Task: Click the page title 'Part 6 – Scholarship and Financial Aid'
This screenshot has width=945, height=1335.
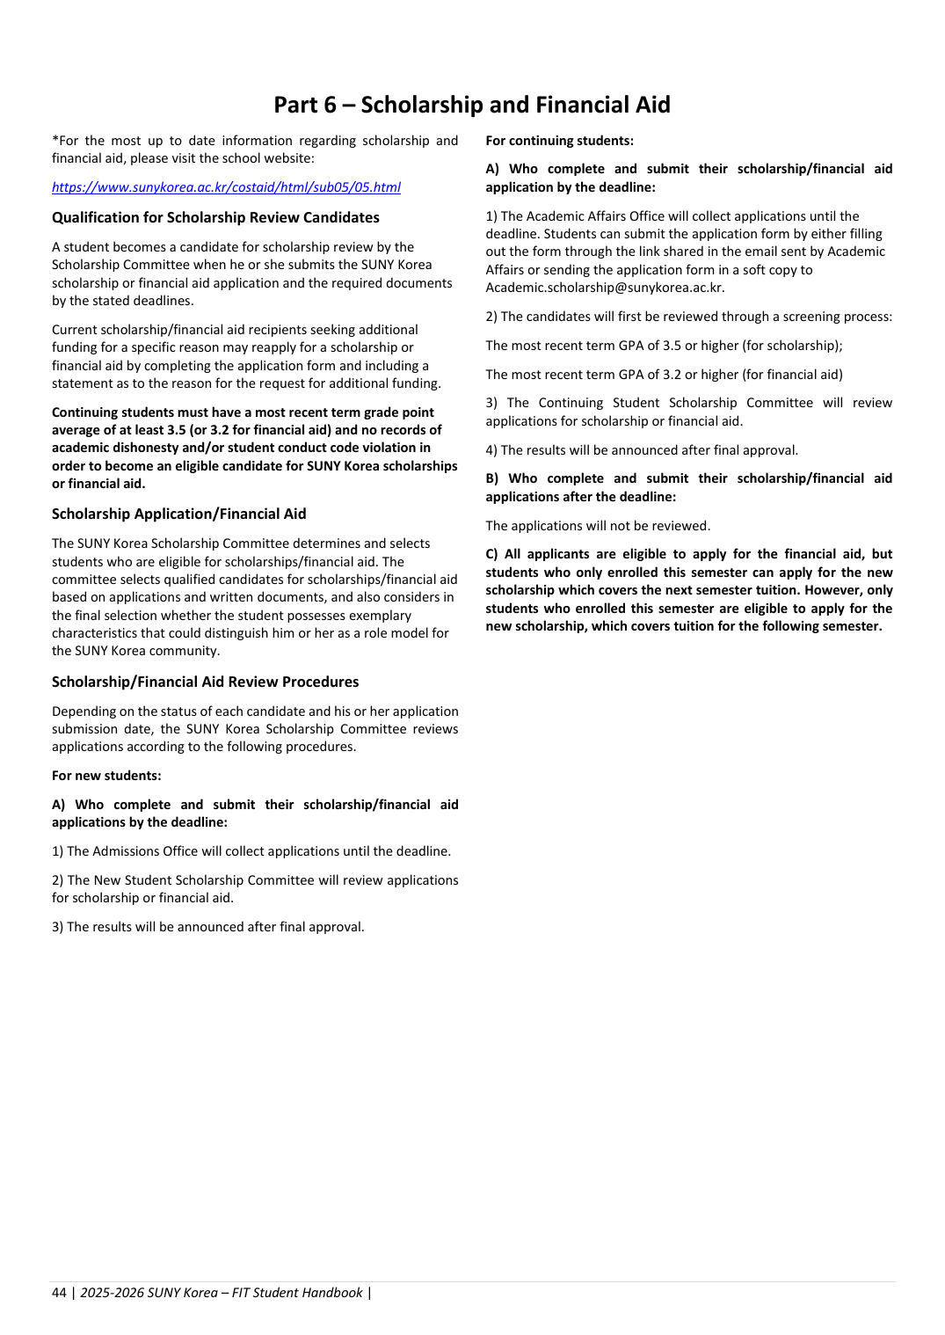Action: tap(471, 105)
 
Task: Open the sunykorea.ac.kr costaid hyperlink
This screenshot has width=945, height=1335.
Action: tap(226, 187)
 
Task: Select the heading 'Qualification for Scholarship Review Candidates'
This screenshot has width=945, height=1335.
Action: tap(215, 217)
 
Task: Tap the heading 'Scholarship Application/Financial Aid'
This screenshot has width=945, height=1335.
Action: tap(178, 514)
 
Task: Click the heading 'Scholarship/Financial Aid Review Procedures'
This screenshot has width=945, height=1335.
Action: tap(205, 682)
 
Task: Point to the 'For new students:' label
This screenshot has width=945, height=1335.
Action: tap(106, 776)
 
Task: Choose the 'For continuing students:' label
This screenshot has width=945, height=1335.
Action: tap(559, 141)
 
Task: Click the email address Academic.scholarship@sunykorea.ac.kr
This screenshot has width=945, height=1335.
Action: tap(604, 288)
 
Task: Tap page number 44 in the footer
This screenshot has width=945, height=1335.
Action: tap(59, 1293)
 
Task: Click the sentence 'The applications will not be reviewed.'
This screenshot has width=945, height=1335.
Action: tap(598, 526)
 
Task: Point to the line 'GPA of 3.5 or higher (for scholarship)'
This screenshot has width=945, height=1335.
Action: tap(664, 346)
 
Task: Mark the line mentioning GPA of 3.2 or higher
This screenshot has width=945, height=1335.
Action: tap(664, 375)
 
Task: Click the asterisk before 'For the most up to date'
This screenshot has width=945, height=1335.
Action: tap(55, 140)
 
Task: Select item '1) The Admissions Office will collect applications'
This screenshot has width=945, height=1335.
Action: tap(251, 851)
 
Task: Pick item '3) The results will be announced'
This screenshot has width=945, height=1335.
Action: tap(207, 927)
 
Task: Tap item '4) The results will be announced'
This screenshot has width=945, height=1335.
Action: tap(642, 450)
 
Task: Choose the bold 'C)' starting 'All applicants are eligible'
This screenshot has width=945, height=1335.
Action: tap(492, 554)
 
